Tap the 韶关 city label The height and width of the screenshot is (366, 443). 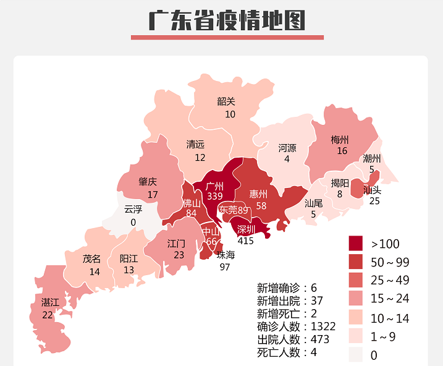click(x=226, y=102)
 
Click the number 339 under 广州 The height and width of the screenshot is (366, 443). click(x=215, y=196)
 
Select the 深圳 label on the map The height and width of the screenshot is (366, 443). click(x=246, y=229)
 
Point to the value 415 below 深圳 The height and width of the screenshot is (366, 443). click(x=245, y=240)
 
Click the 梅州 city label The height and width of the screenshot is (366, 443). click(x=340, y=140)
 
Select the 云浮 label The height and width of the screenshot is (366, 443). click(x=133, y=210)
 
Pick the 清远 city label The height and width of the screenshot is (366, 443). click(x=196, y=145)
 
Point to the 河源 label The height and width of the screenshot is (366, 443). click(x=287, y=148)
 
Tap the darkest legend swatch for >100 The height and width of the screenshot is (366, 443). click(x=356, y=243)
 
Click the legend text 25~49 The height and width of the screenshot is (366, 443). click(x=389, y=281)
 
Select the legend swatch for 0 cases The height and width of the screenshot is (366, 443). click(x=356, y=354)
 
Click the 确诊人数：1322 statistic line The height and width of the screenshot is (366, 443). click(x=296, y=326)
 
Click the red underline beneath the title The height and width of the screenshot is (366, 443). click(x=227, y=38)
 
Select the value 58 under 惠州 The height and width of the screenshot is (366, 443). click(x=261, y=205)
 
